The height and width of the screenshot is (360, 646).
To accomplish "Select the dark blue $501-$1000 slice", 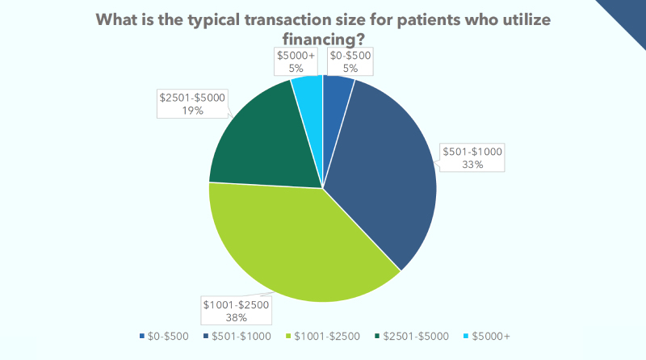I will tap(384, 170).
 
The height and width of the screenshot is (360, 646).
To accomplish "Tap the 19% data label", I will tap(193, 111).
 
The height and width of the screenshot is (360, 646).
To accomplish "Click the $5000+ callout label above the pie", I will tap(296, 61).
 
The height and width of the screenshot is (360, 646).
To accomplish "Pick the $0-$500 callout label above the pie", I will tap(350, 61).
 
